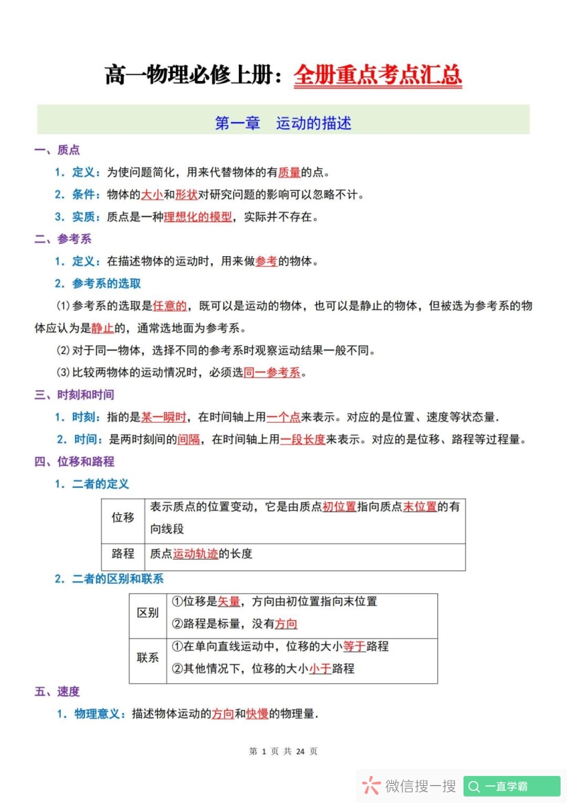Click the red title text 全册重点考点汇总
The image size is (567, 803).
378,74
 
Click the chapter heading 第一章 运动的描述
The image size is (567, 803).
283,123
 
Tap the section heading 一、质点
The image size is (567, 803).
57,150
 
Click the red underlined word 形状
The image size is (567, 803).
186,194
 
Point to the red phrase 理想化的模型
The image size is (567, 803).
198,217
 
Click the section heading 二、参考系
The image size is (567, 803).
63,239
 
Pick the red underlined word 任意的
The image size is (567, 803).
170,306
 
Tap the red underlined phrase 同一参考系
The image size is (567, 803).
272,372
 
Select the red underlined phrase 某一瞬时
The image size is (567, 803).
164,417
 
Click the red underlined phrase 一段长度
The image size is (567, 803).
303,439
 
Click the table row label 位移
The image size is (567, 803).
123,517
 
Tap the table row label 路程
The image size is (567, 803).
123,553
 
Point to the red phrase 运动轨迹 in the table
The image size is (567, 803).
196,553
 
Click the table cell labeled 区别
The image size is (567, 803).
147,613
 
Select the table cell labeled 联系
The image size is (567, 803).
147,658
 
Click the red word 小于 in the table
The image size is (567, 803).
320,668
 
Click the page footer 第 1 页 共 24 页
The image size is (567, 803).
283,751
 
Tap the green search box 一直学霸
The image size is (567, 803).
512,786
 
